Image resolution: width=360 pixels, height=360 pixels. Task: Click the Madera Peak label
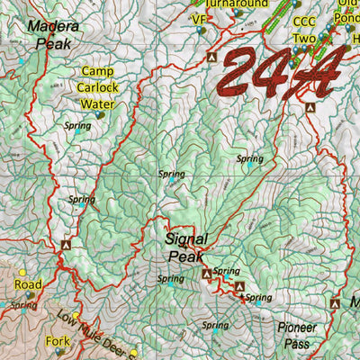coord(52,33)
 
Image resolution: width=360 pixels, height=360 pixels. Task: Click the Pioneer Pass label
coord(298,335)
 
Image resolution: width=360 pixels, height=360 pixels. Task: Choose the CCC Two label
coord(305,30)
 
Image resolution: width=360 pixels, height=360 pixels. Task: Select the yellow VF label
coord(199,18)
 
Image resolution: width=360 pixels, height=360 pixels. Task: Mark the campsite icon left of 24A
coord(211,57)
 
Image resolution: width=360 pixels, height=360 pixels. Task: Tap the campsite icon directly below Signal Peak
coord(206,273)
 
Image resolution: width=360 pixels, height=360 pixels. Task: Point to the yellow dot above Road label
coord(22,272)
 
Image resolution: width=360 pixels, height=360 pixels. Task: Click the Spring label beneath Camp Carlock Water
coord(78,126)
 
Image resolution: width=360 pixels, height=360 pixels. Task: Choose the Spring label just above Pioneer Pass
coord(214,325)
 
